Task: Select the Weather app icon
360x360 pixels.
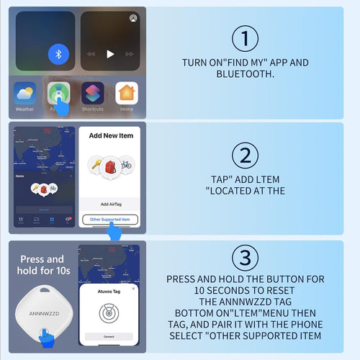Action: [x=24, y=94]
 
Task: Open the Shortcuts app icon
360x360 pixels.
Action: [x=92, y=94]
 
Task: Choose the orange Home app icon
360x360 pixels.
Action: [x=127, y=94]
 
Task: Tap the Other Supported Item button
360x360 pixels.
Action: [x=110, y=219]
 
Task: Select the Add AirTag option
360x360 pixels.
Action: [x=110, y=205]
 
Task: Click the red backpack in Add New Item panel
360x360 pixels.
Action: [x=109, y=166]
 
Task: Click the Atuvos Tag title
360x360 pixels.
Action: [x=109, y=291]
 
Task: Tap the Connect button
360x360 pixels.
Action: [x=109, y=336]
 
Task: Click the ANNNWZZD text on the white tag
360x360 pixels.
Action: [x=45, y=312]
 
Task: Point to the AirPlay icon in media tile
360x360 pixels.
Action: [x=132, y=18]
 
